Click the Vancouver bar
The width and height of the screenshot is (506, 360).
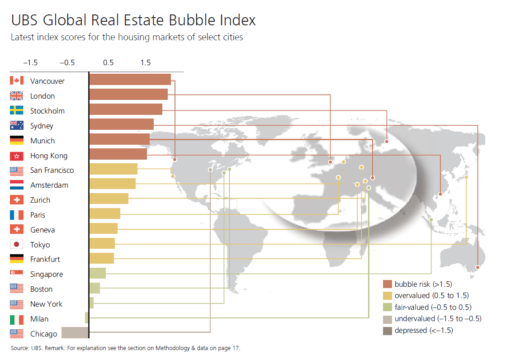click(x=130, y=80)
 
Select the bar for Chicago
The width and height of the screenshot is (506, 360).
click(x=75, y=332)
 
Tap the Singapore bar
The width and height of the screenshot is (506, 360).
click(x=98, y=273)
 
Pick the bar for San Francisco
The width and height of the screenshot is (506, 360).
click(x=113, y=169)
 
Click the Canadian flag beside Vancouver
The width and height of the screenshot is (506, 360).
click(x=16, y=81)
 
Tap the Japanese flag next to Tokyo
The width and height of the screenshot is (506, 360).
click(x=16, y=244)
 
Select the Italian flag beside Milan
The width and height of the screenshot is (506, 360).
click(x=16, y=320)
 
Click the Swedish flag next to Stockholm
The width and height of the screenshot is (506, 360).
click(x=16, y=110)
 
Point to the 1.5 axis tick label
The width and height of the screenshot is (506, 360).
click(x=145, y=62)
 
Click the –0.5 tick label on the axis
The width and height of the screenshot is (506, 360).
click(x=67, y=62)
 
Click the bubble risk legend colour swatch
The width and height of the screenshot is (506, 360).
click(x=387, y=284)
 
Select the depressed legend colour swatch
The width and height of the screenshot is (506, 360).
click(x=387, y=331)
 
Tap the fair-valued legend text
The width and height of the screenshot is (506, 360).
click(x=433, y=307)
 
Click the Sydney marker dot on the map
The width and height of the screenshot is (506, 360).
click(x=478, y=267)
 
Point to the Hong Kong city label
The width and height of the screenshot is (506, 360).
click(x=49, y=156)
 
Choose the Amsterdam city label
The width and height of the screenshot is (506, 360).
click(x=49, y=185)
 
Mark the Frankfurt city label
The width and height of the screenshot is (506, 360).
click(x=45, y=259)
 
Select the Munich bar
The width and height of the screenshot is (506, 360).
click(x=119, y=139)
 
